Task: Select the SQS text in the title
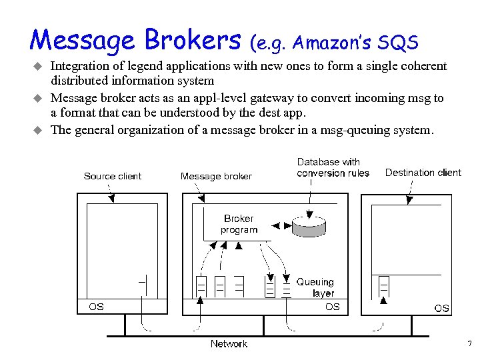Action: coord(398,44)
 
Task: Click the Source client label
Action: coord(113,176)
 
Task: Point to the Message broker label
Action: coord(216,176)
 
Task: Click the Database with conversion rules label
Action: coord(333,167)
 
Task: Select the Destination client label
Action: coord(423,173)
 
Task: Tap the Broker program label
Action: coord(239,224)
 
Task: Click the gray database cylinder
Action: coord(309,227)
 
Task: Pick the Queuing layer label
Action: coord(315,287)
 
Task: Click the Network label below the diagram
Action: coord(229,344)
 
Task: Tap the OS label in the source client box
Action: coord(96,307)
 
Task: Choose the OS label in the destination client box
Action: coord(441,308)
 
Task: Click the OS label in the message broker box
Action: coord(332,307)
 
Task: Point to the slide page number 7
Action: coord(470,344)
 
